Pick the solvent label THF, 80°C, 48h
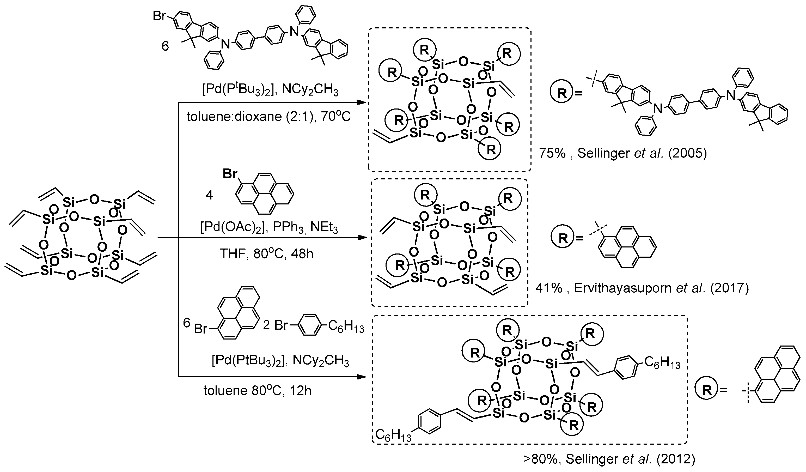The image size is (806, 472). [x=266, y=254]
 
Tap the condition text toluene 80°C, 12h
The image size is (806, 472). [x=258, y=391]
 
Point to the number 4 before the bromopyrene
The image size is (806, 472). [x=209, y=195]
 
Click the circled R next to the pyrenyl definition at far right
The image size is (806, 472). [x=707, y=390]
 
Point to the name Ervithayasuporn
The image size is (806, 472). [x=622, y=288]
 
